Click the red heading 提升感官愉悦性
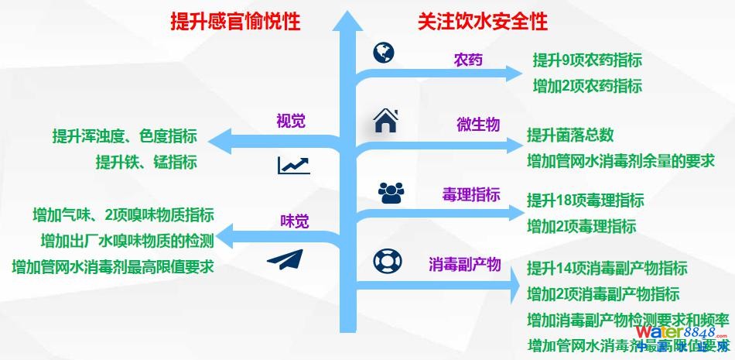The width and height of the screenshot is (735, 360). point(235,22)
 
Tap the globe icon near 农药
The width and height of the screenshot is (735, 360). point(383,53)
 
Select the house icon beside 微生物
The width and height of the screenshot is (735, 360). point(386,121)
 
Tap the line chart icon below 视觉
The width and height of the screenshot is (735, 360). point(293,165)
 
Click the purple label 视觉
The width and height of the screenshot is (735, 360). point(291,121)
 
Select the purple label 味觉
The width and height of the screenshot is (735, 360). point(294,222)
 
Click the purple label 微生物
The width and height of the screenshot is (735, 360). point(478,125)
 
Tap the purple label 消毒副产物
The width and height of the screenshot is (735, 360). point(464,264)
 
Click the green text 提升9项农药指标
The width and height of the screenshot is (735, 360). point(587,60)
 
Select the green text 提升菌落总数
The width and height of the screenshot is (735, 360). point(570,135)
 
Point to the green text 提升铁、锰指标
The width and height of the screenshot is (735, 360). point(146,162)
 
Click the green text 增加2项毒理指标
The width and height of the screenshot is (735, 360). point(581,226)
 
